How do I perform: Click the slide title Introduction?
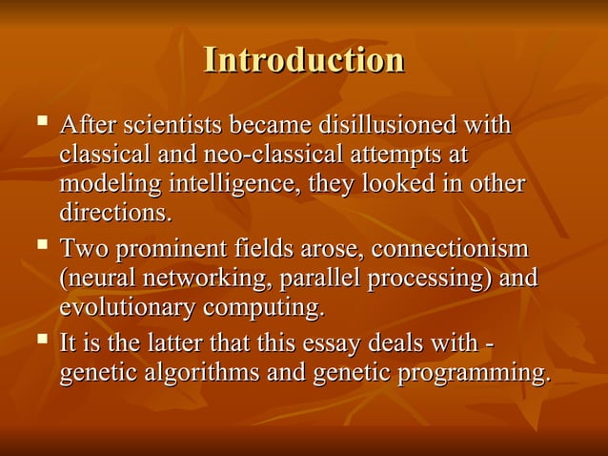pos(304,60)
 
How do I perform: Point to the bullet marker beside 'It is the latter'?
pos(40,340)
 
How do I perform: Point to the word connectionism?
pos(449,249)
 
